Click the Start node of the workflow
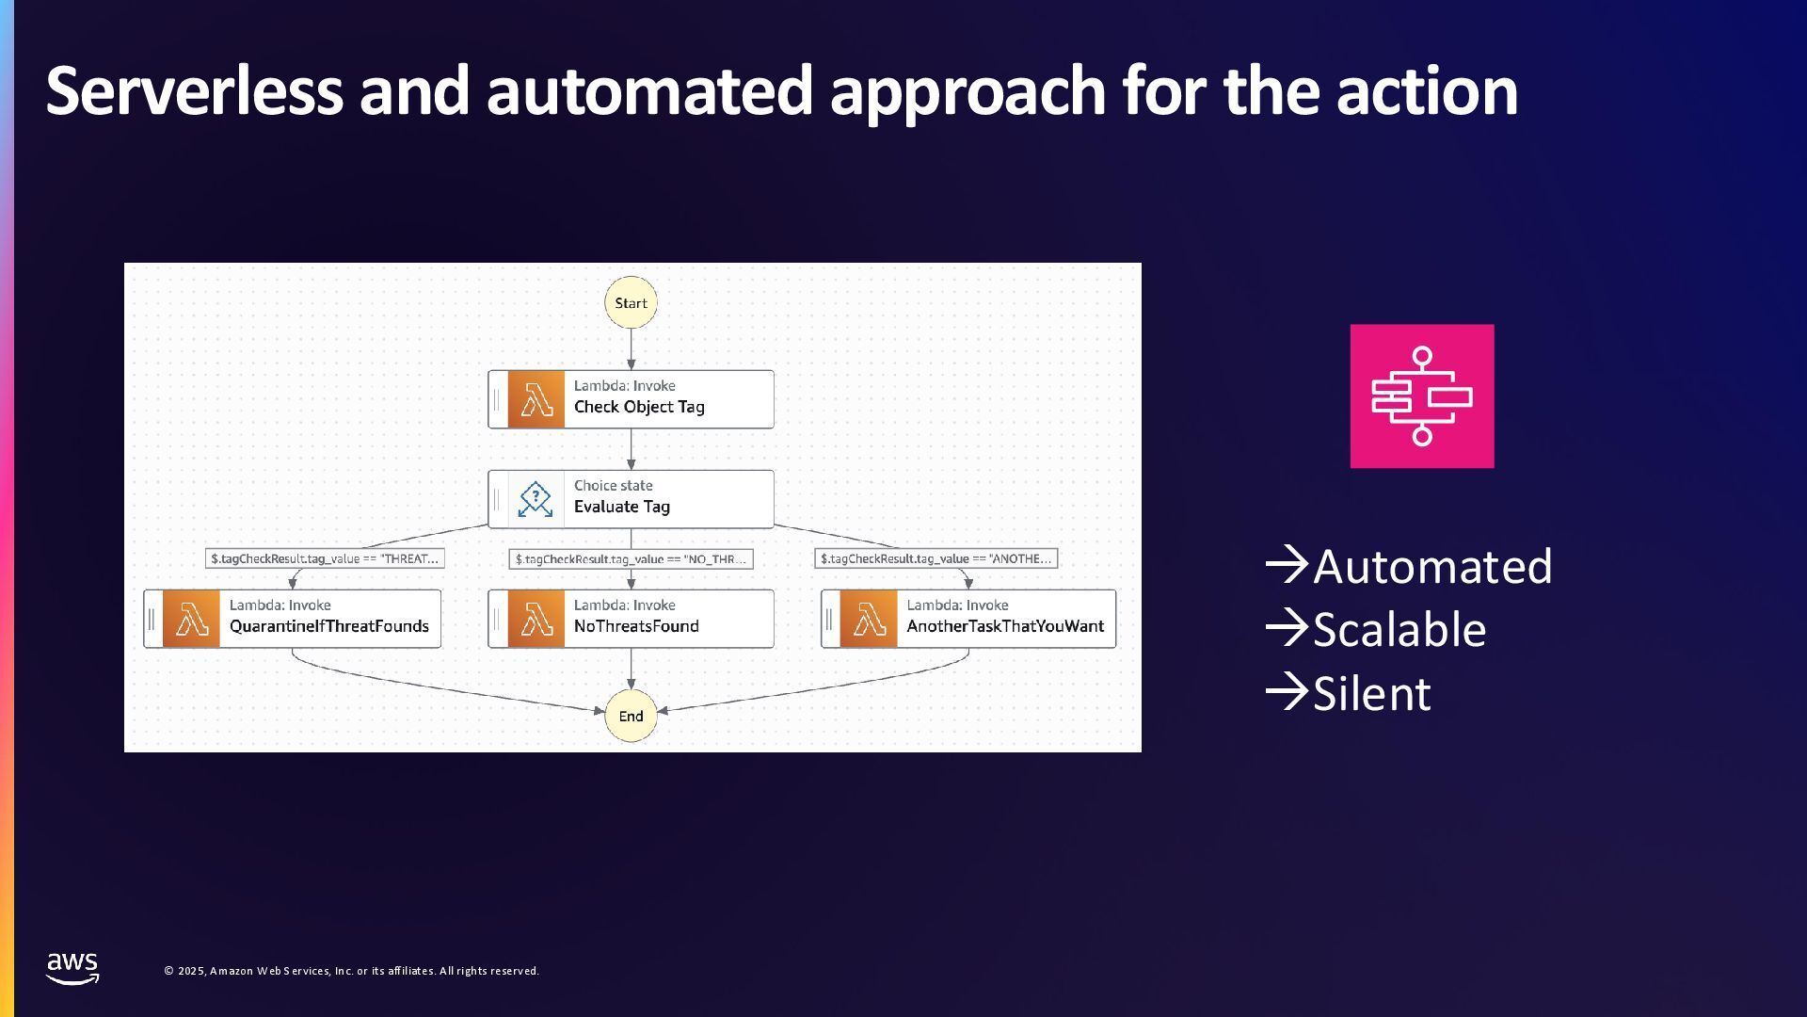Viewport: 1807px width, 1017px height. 631,302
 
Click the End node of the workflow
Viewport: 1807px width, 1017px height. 631,716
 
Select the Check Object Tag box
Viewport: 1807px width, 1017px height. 631,399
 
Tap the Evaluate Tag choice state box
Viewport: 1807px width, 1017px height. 631,499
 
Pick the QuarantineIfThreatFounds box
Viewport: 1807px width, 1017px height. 292,619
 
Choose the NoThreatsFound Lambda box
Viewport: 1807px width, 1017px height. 631,619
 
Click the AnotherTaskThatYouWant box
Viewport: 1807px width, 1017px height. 968,619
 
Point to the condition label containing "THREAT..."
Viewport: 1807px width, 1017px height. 325,558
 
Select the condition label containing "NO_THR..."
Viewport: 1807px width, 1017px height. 631,559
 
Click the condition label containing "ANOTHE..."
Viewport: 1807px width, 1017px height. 936,558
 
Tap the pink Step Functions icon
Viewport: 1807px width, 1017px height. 1422,396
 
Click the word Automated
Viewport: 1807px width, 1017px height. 1432,567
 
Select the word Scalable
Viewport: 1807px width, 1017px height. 1399,630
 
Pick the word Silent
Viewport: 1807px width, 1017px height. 1372,694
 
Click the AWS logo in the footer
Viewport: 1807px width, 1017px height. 72,969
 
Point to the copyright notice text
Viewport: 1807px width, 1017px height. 352,971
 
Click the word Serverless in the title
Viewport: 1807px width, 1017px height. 194,91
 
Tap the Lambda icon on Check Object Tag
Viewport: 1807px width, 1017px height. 536,399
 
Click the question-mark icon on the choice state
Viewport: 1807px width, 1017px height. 536,499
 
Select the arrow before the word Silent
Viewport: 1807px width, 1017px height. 1287,692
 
